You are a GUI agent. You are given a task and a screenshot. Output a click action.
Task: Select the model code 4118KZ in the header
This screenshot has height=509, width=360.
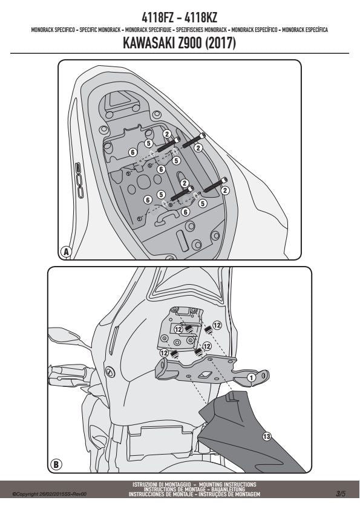[x=200, y=17]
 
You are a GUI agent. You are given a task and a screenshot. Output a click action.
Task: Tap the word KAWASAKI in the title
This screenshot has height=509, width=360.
[x=149, y=43]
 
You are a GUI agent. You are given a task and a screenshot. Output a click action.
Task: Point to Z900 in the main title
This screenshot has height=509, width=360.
[x=190, y=43]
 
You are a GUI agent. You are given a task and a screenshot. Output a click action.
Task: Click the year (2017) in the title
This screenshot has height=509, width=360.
[x=220, y=43]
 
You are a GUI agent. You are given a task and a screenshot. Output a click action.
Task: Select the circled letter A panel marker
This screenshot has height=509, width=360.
[x=67, y=251]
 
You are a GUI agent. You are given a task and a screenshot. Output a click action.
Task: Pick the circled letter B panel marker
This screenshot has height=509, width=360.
[x=56, y=464]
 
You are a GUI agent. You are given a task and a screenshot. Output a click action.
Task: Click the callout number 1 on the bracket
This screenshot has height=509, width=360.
[x=251, y=377]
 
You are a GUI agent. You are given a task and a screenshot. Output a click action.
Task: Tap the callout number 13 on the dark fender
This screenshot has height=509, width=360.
[x=267, y=436]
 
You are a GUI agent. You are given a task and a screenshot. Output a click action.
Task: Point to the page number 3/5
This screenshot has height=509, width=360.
[x=341, y=494]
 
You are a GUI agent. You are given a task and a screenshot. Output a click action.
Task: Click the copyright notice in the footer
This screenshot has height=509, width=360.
[x=50, y=494]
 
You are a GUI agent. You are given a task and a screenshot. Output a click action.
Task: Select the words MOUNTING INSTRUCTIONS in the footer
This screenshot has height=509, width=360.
[x=227, y=485]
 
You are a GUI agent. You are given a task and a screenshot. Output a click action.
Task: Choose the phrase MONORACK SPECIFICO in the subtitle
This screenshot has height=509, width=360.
[x=53, y=30]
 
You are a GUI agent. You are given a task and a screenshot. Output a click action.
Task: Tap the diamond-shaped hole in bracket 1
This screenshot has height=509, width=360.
[x=205, y=375]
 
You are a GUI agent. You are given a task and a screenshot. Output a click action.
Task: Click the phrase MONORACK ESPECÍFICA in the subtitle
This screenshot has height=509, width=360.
[x=305, y=30]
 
